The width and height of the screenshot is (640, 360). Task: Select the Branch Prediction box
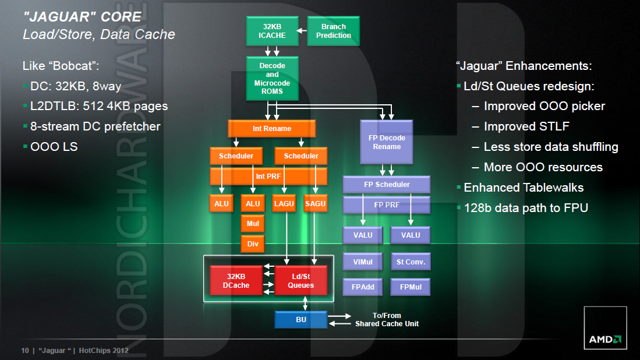[333, 31]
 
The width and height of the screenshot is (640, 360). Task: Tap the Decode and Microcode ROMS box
[273, 79]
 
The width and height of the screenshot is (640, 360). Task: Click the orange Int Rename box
[271, 129]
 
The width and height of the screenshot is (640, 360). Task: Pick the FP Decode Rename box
[387, 142]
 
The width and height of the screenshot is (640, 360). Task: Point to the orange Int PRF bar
[268, 175]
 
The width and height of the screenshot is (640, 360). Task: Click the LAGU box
[284, 203]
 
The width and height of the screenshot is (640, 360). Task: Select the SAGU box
[315, 203]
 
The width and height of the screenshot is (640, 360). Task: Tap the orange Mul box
[253, 223]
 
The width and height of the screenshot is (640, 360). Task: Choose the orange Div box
[253, 243]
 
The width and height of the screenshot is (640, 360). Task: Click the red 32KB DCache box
[235, 281]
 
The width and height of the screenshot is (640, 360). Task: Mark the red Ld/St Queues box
[300, 281]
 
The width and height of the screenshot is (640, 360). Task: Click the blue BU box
[300, 319]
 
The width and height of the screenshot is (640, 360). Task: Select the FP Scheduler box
[386, 185]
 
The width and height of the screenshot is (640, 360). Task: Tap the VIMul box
[362, 262]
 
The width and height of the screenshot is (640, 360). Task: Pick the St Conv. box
[411, 262]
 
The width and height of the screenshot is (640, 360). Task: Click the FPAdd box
[362, 287]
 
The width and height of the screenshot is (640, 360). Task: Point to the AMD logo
[605, 338]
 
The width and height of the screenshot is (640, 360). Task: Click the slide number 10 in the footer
[25, 351]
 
